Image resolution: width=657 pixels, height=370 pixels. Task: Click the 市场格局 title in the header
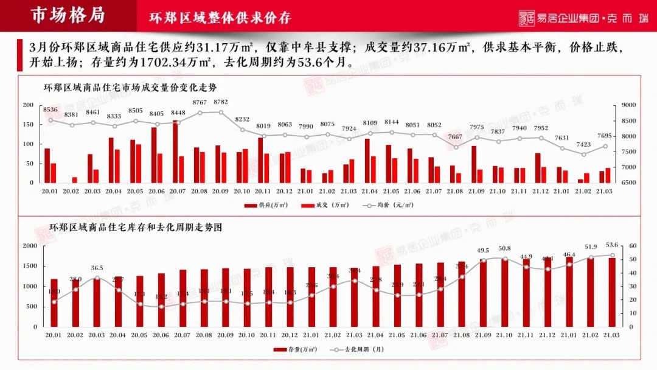pyautogui.click(x=68, y=16)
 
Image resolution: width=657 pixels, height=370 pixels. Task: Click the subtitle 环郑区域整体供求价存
pyautogui.click(x=220, y=18)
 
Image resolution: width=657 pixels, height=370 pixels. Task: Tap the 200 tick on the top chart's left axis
pyautogui.click(x=27, y=105)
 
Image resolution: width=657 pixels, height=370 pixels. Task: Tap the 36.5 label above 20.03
pyautogui.click(x=97, y=268)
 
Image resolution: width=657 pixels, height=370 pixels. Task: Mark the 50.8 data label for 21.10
pyautogui.click(x=504, y=248)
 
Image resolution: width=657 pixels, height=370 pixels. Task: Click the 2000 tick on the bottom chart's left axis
pyautogui.click(x=30, y=246)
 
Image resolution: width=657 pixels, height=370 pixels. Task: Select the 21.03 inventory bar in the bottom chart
pyautogui.click(x=612, y=292)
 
